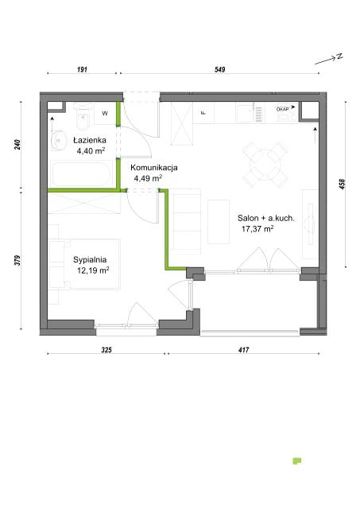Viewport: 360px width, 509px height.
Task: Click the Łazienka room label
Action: pyautogui.click(x=90, y=140)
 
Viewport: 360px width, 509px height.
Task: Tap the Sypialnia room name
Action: pyautogui.click(x=90, y=260)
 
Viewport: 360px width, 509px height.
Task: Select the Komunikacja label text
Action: pyautogui.click(x=153, y=168)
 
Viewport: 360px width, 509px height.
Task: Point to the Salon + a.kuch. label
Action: pyautogui.click(x=266, y=218)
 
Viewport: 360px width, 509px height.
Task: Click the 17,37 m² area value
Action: pyautogui.click(x=257, y=229)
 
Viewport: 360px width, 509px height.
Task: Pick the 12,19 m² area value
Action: pyautogui.click(x=93, y=270)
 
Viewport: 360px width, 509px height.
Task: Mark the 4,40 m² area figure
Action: pyautogui.click(x=91, y=151)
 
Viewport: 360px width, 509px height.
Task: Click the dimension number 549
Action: pyautogui.click(x=220, y=69)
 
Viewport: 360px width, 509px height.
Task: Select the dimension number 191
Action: pyautogui.click(x=82, y=69)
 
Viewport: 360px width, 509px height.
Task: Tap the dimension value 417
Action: pyautogui.click(x=243, y=350)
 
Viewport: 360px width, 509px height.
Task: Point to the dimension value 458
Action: pyautogui.click(x=343, y=184)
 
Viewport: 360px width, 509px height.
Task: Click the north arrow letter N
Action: pyautogui.click(x=339, y=56)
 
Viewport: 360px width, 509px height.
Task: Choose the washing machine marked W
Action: pyautogui.click(x=105, y=113)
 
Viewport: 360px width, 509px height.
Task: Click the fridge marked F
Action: pyautogui.click(x=203, y=113)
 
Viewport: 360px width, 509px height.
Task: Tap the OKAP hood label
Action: pyautogui.click(x=282, y=110)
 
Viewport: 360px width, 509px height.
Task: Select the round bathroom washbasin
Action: pyautogui.click(x=59, y=141)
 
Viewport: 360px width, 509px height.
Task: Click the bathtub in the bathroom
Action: pyautogui.click(x=81, y=173)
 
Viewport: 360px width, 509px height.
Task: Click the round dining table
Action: pyautogui.click(x=265, y=165)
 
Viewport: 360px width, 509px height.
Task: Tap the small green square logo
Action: pyautogui.click(x=296, y=461)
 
